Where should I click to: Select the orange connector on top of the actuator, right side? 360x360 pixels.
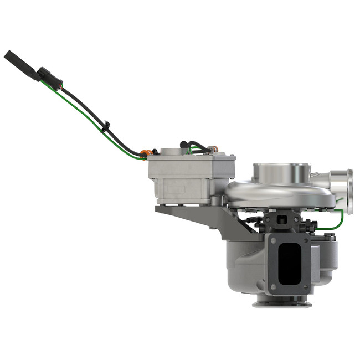[215, 148]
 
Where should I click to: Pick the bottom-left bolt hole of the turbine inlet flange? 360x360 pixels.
[272, 287]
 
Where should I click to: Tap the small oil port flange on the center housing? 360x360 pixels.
[282, 218]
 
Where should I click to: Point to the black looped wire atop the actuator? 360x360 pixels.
[199, 145]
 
